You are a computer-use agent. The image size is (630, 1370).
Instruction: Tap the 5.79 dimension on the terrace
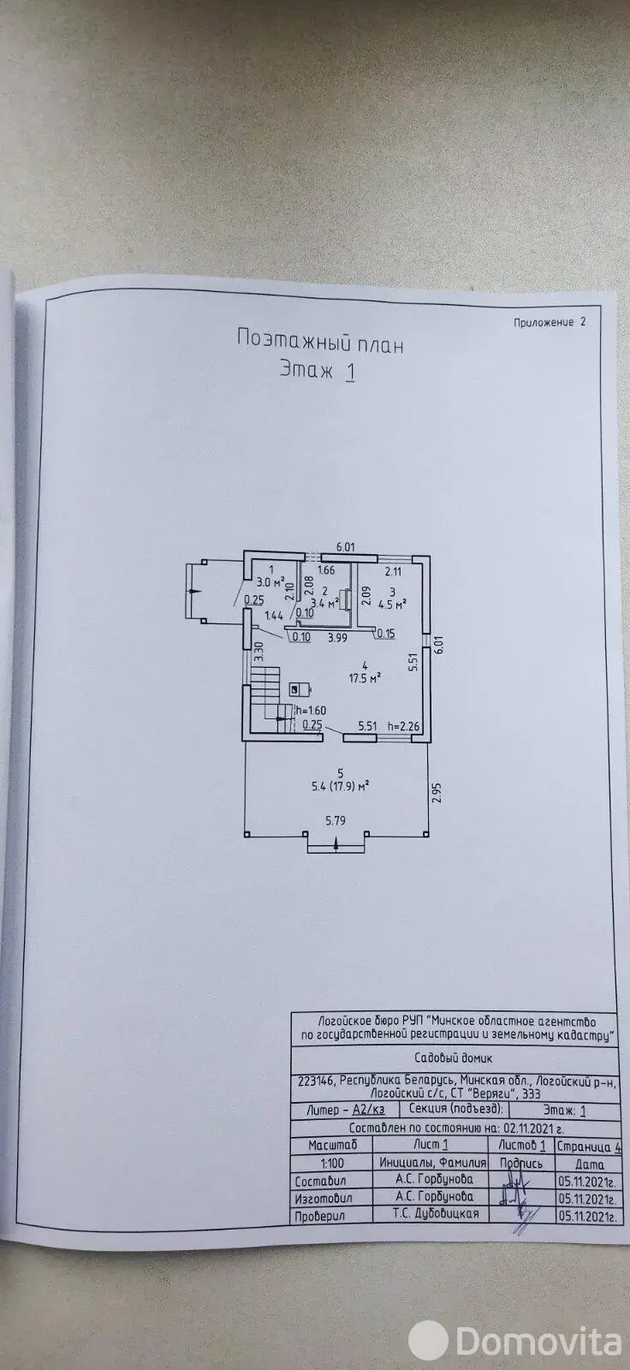click(336, 819)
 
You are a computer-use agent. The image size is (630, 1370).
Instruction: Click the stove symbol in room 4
click(297, 688)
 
